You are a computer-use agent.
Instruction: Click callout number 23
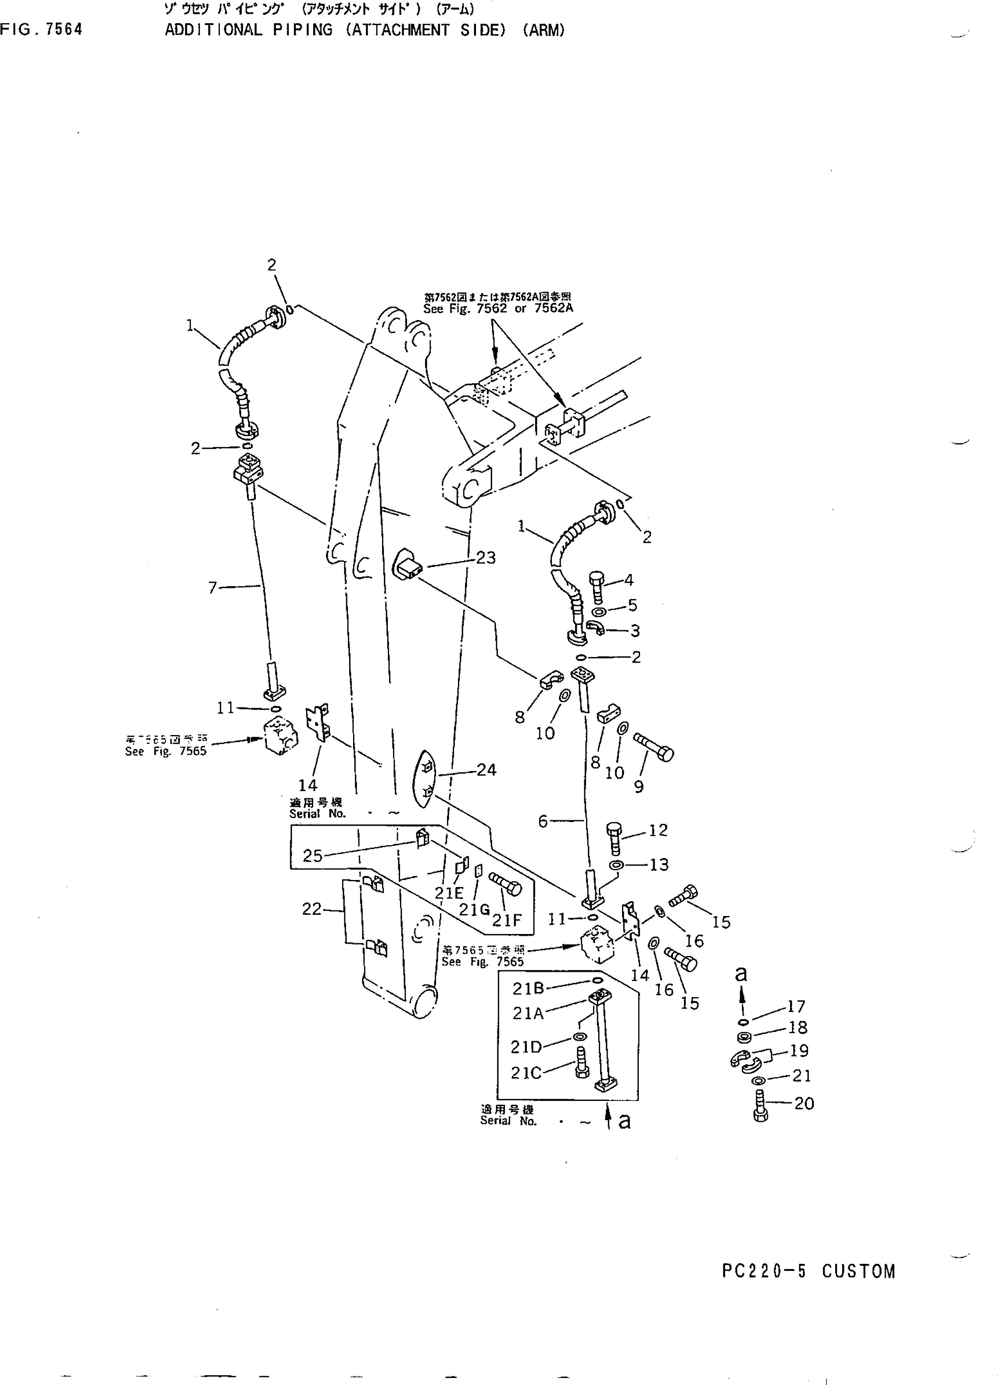coord(486,557)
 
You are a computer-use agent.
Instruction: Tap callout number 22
coord(311,909)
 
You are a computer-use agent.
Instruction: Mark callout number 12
coord(658,830)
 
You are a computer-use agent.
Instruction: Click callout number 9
coord(639,787)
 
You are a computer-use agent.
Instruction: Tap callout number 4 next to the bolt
coord(628,580)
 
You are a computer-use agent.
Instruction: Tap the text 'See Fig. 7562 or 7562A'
coord(498,308)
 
